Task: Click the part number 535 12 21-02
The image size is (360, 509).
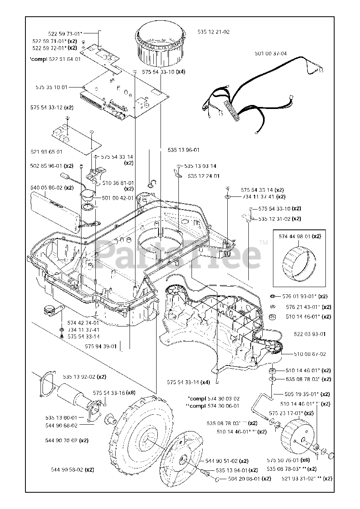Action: pyautogui.click(x=213, y=32)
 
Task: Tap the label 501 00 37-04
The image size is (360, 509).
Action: pyautogui.click(x=271, y=53)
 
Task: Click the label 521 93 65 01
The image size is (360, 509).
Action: pyautogui.click(x=46, y=152)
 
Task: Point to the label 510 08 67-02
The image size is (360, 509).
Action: pyautogui.click(x=310, y=354)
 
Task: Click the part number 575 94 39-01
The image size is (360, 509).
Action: pyautogui.click(x=101, y=346)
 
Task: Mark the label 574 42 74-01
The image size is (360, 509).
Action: pyautogui.click(x=83, y=323)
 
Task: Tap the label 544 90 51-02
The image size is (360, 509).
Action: pyautogui.click(x=221, y=461)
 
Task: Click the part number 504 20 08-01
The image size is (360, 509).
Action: pyautogui.click(x=244, y=479)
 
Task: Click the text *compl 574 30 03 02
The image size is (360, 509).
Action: pyautogui.click(x=213, y=398)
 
